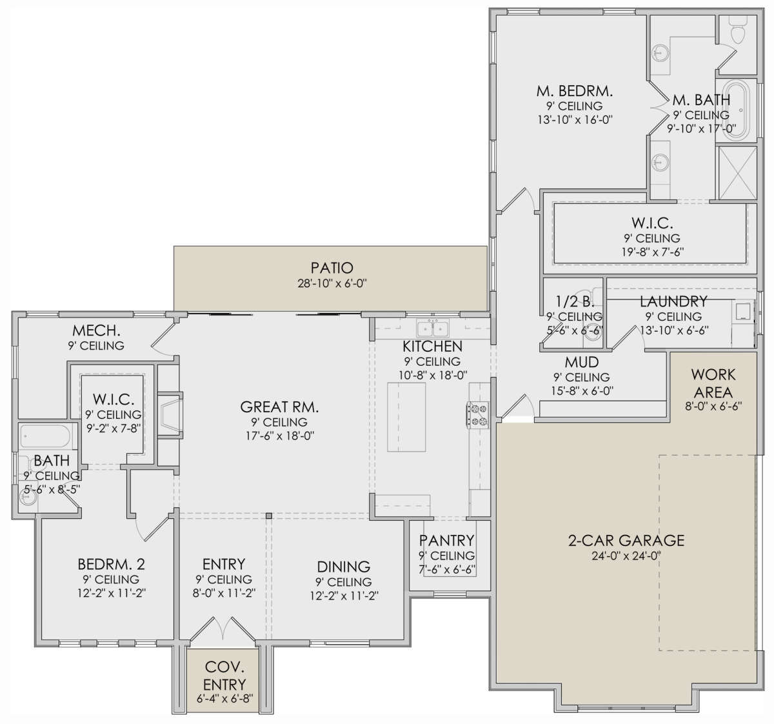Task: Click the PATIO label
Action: tap(332, 268)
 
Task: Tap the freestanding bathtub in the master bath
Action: tap(737, 110)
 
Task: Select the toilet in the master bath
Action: tap(737, 30)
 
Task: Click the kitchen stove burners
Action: tap(478, 415)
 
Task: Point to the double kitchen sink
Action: tap(433, 328)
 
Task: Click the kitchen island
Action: tap(406, 417)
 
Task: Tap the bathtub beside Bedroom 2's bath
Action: tap(45, 436)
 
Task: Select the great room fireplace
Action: tap(170, 415)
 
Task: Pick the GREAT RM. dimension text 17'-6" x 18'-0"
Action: tap(280, 436)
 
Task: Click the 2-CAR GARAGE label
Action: tap(626, 541)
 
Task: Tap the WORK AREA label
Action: tap(713, 383)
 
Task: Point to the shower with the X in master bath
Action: tap(737, 174)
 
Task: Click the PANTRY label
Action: tap(446, 541)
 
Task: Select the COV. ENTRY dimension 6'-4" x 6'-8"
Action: tap(225, 698)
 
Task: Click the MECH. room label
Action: tap(96, 331)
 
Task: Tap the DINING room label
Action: tap(343, 567)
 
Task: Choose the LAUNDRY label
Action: tap(673, 301)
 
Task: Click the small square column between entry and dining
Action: tap(268, 516)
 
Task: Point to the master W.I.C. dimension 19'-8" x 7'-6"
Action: tap(652, 252)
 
